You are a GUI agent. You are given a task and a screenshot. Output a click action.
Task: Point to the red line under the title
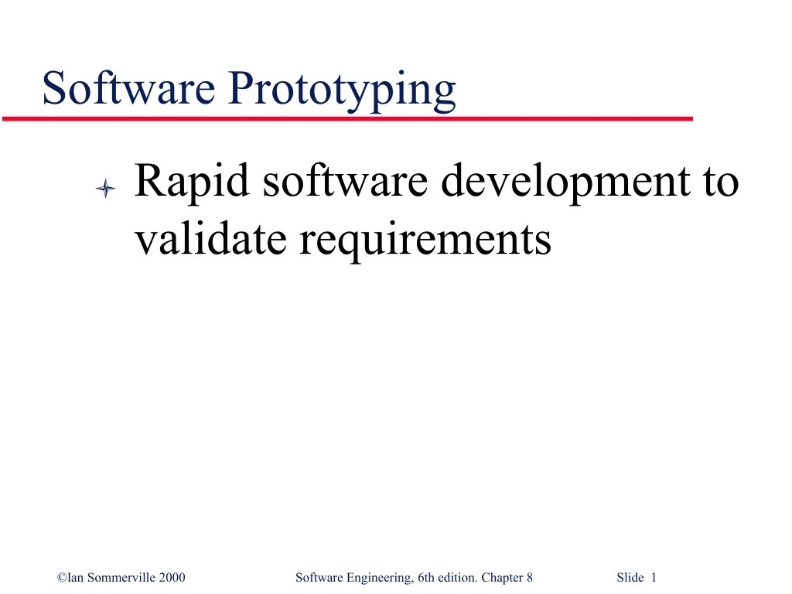tap(347, 119)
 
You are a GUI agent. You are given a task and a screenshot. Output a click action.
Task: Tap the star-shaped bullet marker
tap(105, 188)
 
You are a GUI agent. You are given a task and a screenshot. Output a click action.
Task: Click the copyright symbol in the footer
tap(62, 577)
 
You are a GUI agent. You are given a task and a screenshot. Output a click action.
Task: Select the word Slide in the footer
tap(630, 577)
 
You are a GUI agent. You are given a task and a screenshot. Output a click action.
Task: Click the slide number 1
tap(654, 577)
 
